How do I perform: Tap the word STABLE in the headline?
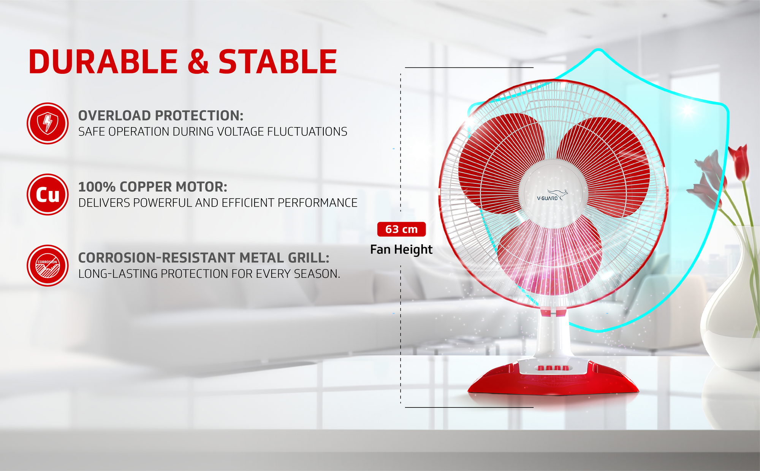278,62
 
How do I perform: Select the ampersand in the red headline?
198,62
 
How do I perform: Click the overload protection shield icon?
47,123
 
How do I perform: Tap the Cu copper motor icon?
47,194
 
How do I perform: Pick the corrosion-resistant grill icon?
47,266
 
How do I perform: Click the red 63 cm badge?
401,229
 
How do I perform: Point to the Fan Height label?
401,250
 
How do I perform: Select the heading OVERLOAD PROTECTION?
161,116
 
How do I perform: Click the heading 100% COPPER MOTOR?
153,187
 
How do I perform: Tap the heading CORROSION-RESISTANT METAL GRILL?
204,258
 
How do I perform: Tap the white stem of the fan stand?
553,335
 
